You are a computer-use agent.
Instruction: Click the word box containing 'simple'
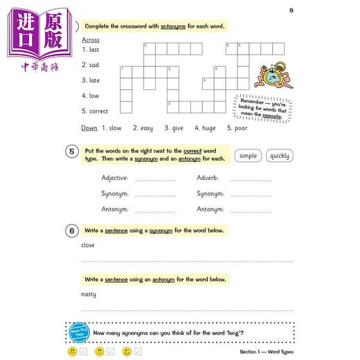248,156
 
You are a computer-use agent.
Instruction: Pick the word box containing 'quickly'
280,156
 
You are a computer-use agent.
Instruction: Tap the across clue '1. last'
91,50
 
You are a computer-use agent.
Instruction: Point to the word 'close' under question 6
88,245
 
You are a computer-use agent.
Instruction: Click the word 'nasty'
89,294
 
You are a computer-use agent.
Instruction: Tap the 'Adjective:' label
115,178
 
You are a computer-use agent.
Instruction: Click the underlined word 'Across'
91,39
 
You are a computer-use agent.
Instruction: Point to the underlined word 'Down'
89,128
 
